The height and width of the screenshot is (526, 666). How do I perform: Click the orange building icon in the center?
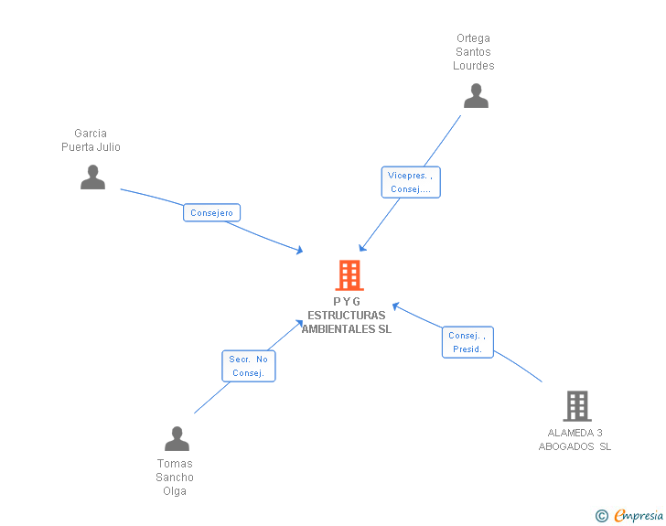click(349, 274)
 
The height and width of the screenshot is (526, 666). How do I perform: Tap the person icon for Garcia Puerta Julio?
click(92, 177)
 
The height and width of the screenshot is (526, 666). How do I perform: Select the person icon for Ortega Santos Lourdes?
click(476, 95)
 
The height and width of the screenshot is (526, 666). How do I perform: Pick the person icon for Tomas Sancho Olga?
click(177, 438)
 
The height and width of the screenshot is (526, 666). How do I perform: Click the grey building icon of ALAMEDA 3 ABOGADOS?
click(576, 405)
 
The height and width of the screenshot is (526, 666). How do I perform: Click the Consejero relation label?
click(211, 212)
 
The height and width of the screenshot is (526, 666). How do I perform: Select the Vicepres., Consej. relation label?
click(411, 182)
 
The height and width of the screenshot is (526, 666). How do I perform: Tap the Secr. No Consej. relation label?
click(249, 366)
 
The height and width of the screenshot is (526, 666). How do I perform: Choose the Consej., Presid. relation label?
click(467, 342)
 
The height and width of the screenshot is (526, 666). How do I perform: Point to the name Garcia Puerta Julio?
click(91, 140)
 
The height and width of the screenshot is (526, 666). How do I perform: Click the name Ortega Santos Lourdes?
click(474, 52)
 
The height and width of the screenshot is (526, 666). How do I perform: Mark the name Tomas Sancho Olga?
click(175, 478)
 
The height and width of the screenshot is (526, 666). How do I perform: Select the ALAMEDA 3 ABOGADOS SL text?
click(575, 440)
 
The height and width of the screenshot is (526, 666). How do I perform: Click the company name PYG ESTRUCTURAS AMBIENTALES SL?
click(347, 316)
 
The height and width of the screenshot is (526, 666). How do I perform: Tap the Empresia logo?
click(638, 515)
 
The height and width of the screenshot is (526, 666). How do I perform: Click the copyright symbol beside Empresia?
click(601, 516)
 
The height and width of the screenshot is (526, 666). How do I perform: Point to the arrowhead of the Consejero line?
click(299, 250)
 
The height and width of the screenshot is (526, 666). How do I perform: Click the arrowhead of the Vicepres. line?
click(362, 247)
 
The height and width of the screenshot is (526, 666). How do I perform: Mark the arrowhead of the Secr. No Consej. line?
click(300, 322)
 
